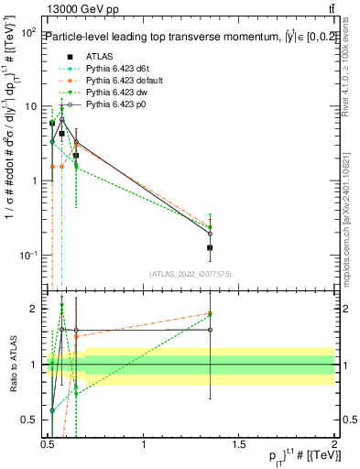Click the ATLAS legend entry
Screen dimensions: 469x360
tap(100, 56)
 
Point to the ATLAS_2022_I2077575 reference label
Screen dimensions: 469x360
tap(191, 274)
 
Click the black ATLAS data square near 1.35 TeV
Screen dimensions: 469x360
tap(211, 247)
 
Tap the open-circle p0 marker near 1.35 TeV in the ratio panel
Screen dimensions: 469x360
tap(211, 330)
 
